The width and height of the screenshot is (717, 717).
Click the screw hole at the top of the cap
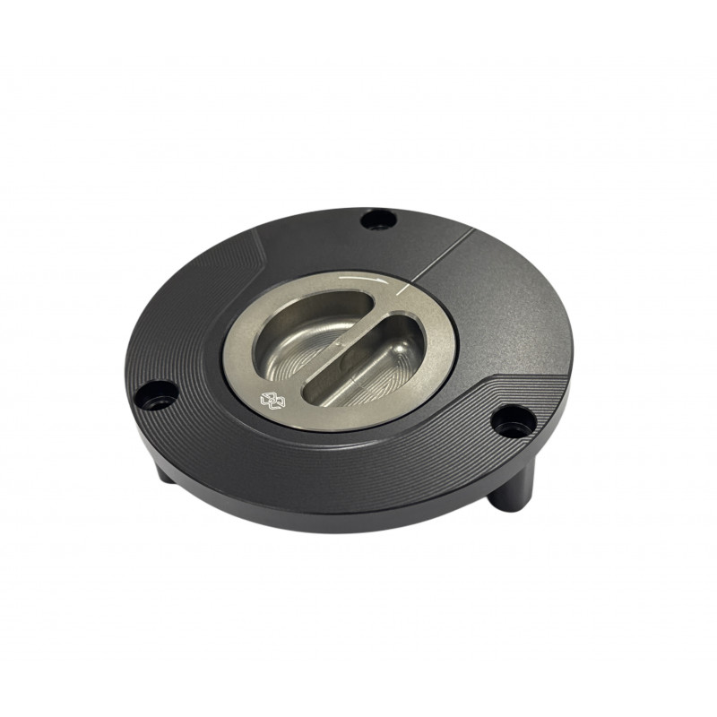coord(377,218)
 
